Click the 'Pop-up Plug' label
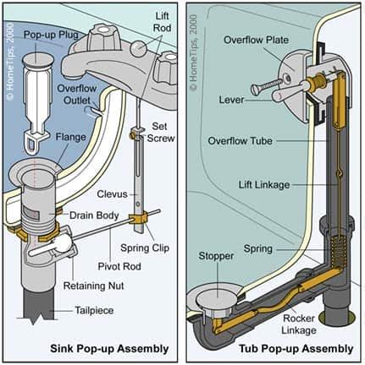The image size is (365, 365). (x=51, y=35)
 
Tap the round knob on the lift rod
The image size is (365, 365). (x=138, y=48)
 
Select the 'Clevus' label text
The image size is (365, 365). (x=112, y=194)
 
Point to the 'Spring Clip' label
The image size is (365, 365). (x=145, y=248)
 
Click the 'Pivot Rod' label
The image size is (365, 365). (x=119, y=266)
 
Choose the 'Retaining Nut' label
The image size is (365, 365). (x=94, y=286)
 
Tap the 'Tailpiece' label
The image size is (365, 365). (x=94, y=310)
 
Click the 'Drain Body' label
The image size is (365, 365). (x=94, y=215)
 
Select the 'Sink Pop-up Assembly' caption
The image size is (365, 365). (x=109, y=349)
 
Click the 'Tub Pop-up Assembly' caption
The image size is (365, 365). (x=296, y=349)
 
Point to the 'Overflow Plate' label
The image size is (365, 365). (x=257, y=40)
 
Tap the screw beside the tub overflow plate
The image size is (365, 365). (x=266, y=85)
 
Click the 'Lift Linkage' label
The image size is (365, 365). (x=264, y=185)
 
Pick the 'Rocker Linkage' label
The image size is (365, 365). (x=299, y=324)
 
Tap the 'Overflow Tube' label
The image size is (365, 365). (x=241, y=140)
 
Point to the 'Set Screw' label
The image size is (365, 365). (x=161, y=133)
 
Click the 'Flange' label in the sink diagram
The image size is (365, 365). (x=70, y=137)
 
